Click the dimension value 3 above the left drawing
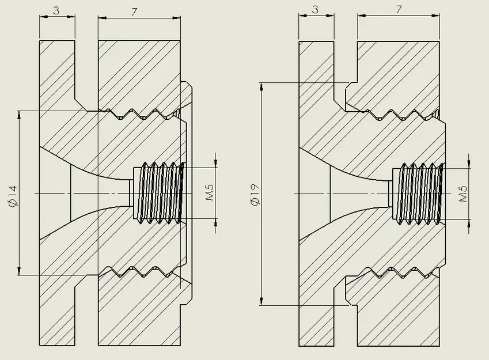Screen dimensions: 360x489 point(56,10)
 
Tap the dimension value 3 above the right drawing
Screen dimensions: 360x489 point(315,10)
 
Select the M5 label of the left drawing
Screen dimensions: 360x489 point(210,193)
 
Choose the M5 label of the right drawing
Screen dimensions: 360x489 point(463,193)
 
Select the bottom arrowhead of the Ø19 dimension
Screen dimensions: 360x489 point(263,300)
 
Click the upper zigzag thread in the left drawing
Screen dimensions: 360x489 point(141,113)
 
